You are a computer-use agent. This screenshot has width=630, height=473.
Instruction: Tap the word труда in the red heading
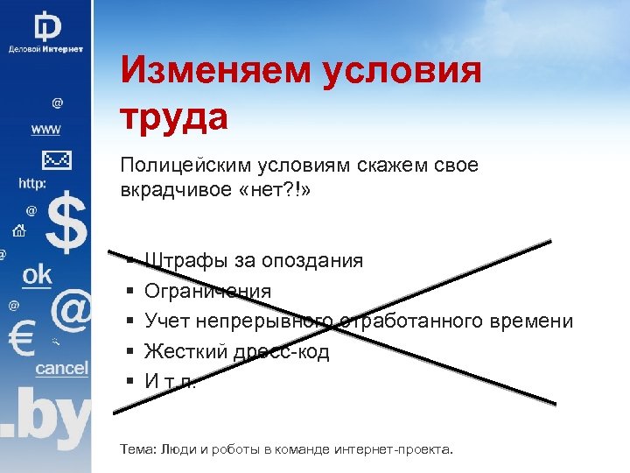[x=174, y=116]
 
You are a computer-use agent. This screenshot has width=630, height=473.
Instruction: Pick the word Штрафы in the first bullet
[x=177, y=261]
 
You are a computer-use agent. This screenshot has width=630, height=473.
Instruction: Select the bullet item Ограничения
[x=207, y=291]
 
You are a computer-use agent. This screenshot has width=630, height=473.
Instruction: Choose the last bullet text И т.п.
[x=171, y=381]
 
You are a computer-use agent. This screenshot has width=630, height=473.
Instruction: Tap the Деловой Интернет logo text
[x=45, y=49]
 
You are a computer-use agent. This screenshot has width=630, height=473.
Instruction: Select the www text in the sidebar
[x=46, y=130]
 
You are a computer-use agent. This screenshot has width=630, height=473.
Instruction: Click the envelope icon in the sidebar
[x=55, y=160]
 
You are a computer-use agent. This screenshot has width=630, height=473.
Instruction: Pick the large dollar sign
[x=66, y=223]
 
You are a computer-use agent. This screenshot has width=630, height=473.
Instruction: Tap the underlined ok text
[x=37, y=274]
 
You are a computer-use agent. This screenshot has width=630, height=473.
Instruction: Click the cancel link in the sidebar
[x=61, y=368]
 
